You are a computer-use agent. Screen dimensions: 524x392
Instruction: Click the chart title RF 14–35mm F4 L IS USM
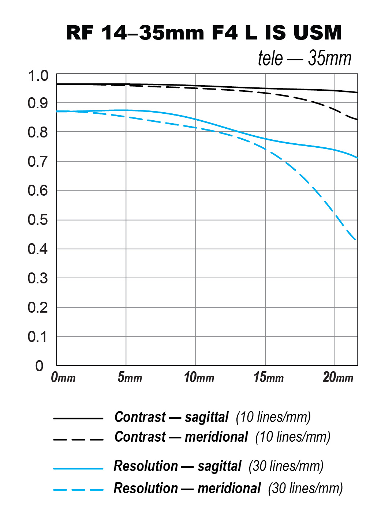point(204,33)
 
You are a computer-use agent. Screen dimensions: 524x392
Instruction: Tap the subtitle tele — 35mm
point(304,58)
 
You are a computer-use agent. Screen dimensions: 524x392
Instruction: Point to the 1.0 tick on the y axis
point(38,76)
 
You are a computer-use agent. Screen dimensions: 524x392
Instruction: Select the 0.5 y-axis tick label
point(38,220)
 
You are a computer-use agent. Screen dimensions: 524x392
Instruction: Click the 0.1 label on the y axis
point(38,337)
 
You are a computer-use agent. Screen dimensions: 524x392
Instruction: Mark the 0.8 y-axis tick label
point(38,132)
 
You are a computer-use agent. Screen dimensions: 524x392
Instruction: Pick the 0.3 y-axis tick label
point(38,278)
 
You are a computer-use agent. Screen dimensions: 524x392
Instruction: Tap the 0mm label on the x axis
point(63,377)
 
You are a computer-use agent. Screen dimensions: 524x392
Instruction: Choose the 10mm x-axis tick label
point(199,377)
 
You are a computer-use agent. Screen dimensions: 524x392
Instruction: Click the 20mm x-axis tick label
point(338,377)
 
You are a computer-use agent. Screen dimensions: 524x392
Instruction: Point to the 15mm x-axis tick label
point(268,377)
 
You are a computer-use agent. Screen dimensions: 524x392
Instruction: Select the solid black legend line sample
point(78,418)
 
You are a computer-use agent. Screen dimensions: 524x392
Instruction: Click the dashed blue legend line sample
point(78,490)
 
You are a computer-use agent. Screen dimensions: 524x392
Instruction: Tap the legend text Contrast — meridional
point(181,437)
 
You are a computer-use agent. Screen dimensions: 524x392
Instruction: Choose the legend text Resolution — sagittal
point(178,466)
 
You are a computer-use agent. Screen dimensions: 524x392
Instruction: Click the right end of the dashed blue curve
point(356,240)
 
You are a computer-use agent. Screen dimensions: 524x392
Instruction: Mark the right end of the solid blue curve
point(357,158)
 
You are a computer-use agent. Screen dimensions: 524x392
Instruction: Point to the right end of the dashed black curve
point(357,120)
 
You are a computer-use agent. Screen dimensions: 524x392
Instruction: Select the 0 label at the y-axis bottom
point(39,366)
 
